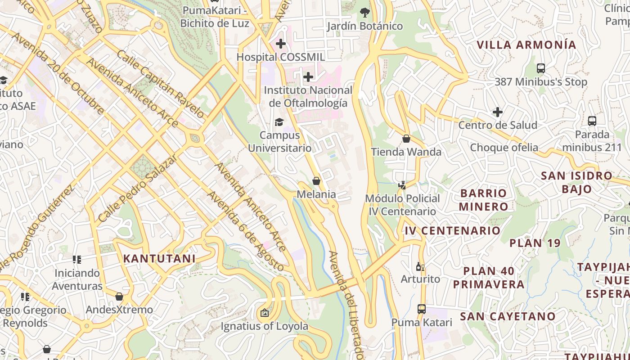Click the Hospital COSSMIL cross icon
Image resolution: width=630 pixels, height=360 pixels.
[x=281, y=44]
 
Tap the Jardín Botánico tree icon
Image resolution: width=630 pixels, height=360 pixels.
[x=364, y=13]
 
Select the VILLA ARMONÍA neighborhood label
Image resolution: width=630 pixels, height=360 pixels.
[x=526, y=45]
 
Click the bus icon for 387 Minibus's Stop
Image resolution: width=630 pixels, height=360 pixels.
[x=541, y=68]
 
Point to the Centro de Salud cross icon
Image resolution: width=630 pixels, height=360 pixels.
[x=498, y=112]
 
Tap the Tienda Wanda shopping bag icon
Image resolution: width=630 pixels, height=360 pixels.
[x=406, y=139]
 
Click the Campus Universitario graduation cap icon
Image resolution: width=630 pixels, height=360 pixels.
[x=279, y=122]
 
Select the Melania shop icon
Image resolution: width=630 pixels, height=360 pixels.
[x=316, y=181]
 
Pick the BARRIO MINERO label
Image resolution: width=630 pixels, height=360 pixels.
[x=483, y=200]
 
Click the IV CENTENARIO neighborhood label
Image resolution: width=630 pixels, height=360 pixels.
[x=452, y=231]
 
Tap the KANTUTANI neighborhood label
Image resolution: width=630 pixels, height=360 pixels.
[x=159, y=259]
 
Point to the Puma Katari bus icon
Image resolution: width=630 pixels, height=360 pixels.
[x=422, y=309]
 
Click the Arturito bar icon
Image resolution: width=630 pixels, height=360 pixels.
[x=420, y=266]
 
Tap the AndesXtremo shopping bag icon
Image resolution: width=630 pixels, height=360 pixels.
[x=119, y=297]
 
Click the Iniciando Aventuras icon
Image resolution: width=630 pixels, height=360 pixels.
[x=77, y=260]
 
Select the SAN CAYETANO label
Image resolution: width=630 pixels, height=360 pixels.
[x=508, y=316]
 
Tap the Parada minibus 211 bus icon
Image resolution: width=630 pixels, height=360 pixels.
[x=592, y=121]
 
